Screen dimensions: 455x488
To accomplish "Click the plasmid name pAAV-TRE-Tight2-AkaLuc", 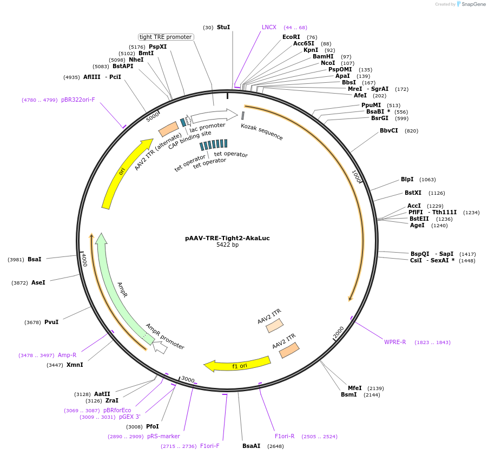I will coord(227,238).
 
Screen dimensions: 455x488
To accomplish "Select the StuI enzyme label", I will coord(223,27).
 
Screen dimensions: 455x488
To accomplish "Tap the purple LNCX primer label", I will coord(269,27).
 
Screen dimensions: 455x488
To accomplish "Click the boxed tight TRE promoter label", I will coord(166,37).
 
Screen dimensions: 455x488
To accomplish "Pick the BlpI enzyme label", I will coord(407,180).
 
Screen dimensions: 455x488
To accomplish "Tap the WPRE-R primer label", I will coord(395,342).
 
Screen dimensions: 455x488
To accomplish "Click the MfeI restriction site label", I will coord(354,388).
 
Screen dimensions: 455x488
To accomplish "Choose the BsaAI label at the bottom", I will coord(251,446).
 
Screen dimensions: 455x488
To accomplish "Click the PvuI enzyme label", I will coord(51,322).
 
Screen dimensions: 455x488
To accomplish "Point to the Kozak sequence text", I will coord(262,131).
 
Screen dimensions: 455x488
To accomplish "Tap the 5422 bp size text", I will coord(227,245).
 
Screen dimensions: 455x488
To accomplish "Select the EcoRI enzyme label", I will coord(291,37).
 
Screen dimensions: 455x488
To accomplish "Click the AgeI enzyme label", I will coord(417,225).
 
